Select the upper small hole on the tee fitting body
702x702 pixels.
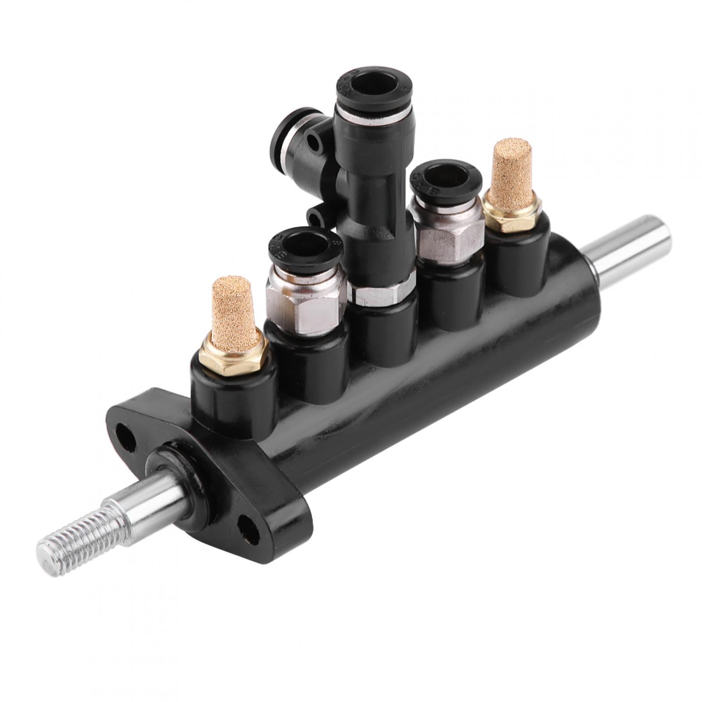tap(314, 143)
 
